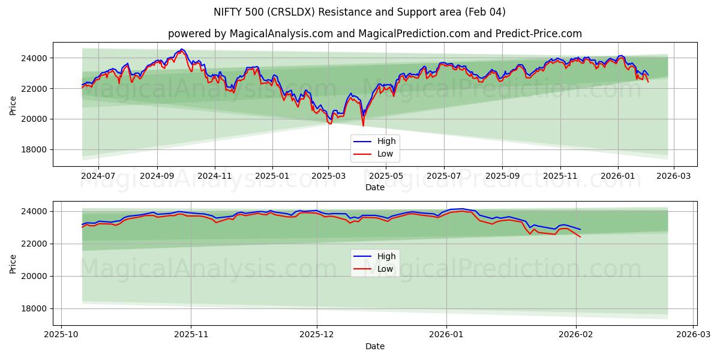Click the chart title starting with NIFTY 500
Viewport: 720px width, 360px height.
359,12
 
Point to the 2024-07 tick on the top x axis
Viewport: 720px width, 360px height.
98,176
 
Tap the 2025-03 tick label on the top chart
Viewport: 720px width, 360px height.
328,176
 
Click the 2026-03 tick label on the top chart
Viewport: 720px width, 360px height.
674,176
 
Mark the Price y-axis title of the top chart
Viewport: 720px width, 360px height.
13,104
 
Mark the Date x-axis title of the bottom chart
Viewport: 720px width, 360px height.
374,346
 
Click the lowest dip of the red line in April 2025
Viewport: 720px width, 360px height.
363,125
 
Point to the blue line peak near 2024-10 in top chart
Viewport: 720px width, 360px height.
182,49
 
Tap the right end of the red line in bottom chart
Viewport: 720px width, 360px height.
580,237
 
